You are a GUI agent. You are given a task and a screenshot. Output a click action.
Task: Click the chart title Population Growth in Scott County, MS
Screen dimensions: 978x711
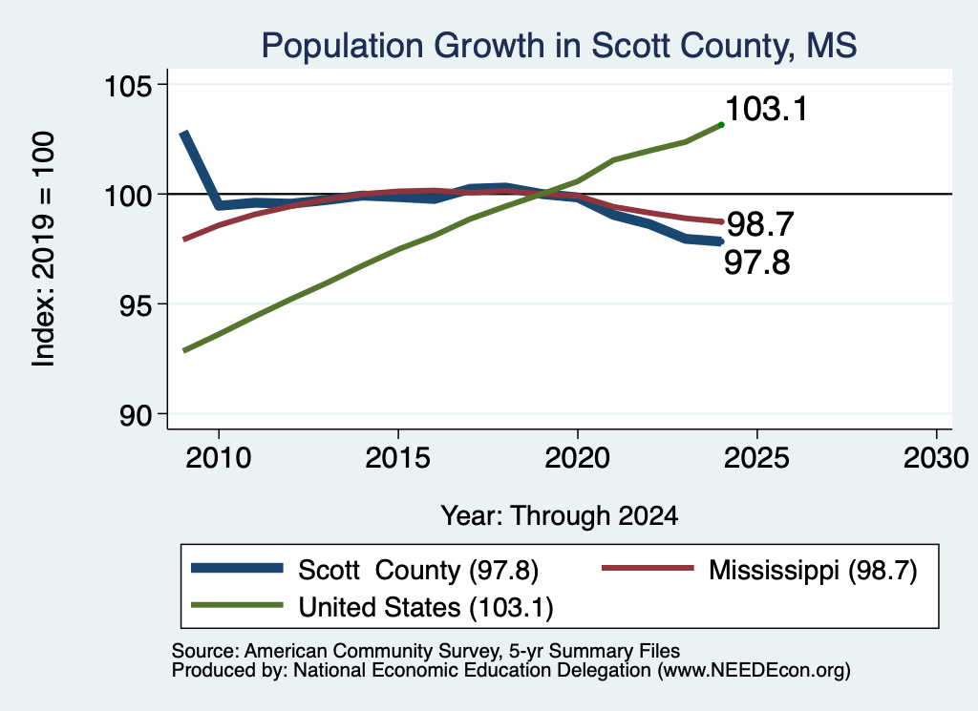559,46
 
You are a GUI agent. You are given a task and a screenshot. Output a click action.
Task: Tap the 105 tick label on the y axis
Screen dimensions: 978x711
129,86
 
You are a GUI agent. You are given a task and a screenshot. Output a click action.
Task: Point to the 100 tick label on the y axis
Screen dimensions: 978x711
129,196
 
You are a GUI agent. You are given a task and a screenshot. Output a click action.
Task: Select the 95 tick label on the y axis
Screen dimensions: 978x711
136,305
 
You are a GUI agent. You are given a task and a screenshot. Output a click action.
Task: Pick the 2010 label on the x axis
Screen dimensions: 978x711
219,458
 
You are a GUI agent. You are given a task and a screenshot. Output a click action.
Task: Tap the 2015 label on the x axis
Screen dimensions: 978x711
398,458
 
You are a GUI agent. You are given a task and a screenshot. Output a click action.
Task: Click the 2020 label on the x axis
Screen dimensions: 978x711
578,458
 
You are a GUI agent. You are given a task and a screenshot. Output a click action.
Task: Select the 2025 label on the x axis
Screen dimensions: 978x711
756,458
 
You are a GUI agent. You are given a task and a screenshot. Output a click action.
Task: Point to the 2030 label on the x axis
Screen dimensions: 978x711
936,458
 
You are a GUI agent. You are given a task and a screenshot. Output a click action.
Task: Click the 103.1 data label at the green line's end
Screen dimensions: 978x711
767,109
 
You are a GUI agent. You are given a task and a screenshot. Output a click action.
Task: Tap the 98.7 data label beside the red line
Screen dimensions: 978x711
760,224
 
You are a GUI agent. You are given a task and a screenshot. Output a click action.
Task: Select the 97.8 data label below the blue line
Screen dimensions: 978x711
757,262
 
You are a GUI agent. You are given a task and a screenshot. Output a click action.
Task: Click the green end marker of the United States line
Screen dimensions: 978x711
722,125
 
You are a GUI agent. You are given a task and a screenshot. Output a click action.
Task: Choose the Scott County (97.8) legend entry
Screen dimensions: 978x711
364,570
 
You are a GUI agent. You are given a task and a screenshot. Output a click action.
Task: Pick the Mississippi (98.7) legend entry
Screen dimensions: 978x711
759,570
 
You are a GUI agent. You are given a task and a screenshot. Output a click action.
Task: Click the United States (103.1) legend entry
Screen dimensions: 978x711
372,607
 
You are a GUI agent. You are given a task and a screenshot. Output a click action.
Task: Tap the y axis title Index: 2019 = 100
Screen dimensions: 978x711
43,249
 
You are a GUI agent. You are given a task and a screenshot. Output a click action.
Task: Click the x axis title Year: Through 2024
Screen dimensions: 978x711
560,516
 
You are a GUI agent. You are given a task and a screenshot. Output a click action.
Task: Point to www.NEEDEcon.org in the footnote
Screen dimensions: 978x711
755,671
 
